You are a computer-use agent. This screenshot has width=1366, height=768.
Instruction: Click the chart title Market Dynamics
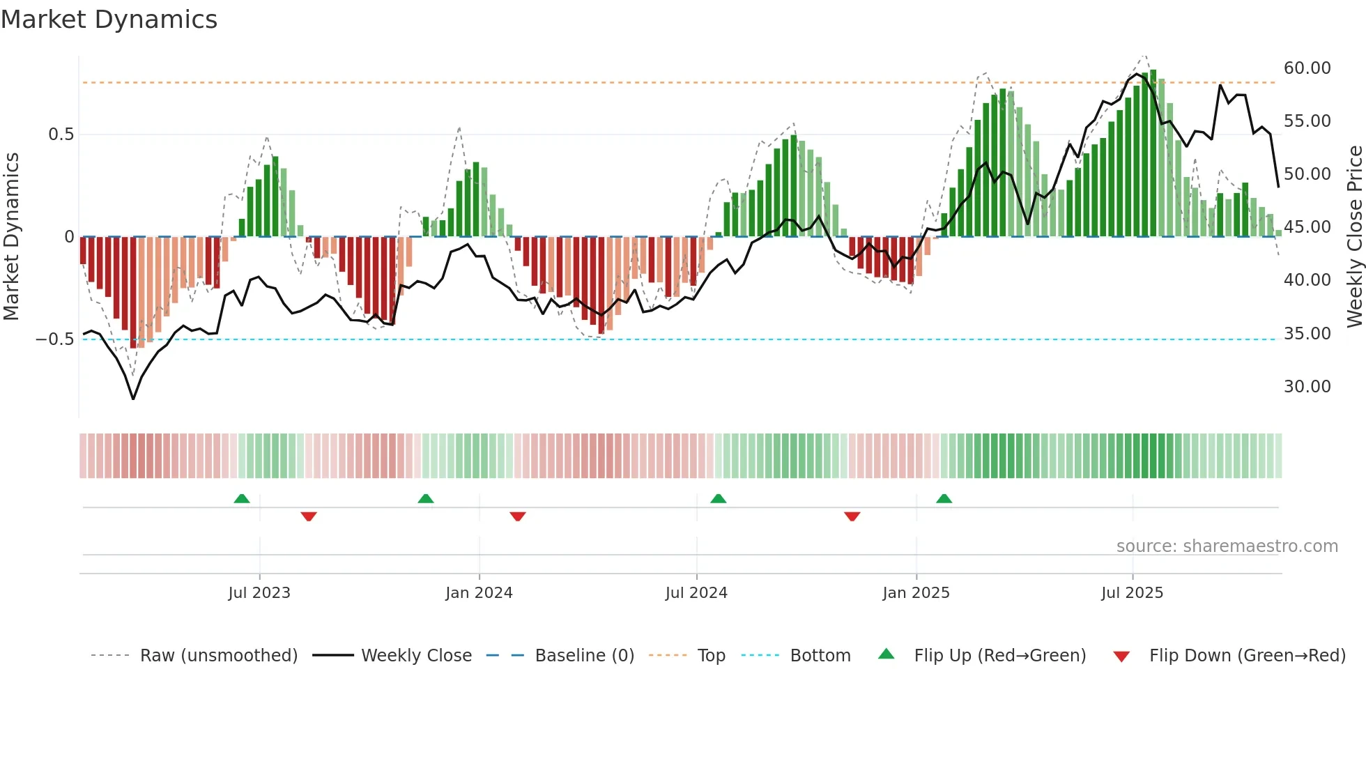pyautogui.click(x=109, y=20)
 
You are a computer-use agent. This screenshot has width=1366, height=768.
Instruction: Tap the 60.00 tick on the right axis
pyautogui.click(x=1307, y=68)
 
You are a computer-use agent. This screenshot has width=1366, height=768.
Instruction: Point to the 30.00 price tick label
pyautogui.click(x=1307, y=387)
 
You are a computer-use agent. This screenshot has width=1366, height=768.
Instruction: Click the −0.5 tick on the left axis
pyautogui.click(x=54, y=339)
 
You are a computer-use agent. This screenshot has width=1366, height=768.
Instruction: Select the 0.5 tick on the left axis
pyautogui.click(x=61, y=135)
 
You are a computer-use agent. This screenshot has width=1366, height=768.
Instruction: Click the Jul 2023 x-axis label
pyautogui.click(x=259, y=593)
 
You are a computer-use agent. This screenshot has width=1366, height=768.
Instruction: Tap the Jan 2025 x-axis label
pyautogui.click(x=916, y=593)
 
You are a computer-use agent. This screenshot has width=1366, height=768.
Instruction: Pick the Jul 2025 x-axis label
pyautogui.click(x=1132, y=593)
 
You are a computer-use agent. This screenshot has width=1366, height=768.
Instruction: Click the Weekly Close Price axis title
pyautogui.click(x=1354, y=237)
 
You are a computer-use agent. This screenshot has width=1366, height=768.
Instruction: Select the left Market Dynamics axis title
pyautogui.click(x=11, y=237)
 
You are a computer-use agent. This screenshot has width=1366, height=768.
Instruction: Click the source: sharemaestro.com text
pyautogui.click(x=1227, y=546)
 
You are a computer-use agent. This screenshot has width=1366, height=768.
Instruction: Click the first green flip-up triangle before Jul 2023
pyautogui.click(x=242, y=499)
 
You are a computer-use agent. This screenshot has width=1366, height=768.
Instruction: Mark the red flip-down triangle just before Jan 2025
pyautogui.click(x=852, y=516)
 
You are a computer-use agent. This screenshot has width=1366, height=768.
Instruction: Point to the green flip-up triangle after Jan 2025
pyautogui.click(x=944, y=499)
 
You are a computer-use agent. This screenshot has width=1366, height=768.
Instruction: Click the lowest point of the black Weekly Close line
pyautogui.click(x=133, y=399)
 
